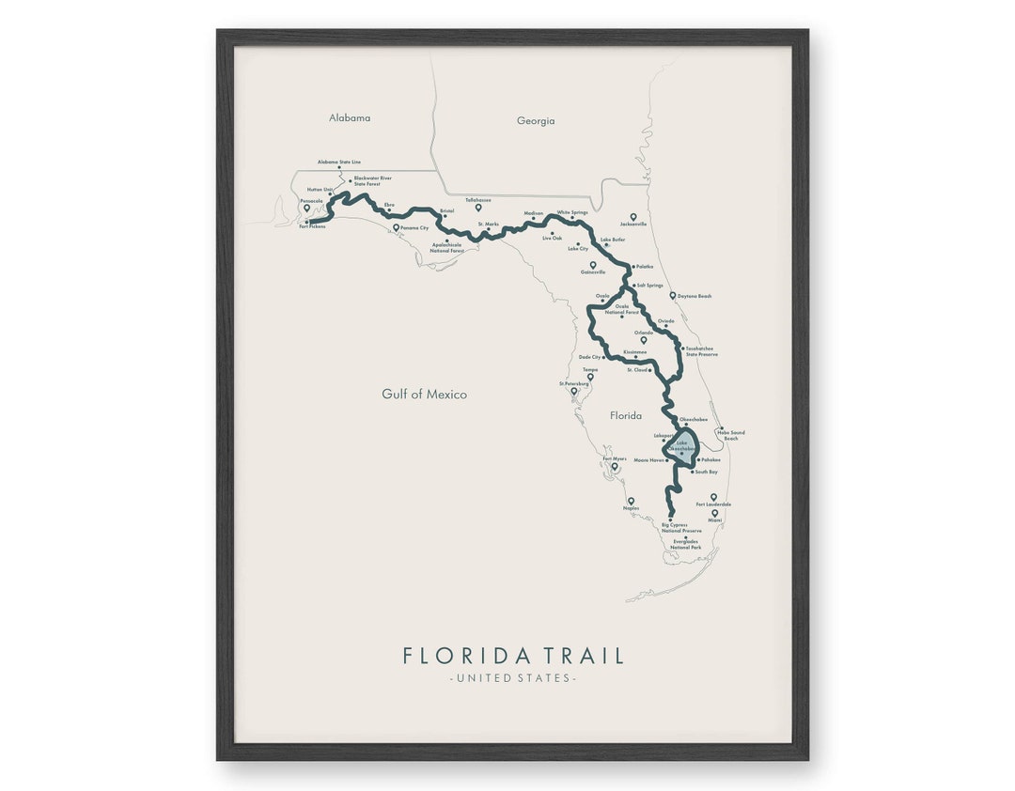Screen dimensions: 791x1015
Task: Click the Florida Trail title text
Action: click(513, 655)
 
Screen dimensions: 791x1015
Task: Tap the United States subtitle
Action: click(513, 678)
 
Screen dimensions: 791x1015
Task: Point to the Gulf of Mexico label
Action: click(424, 395)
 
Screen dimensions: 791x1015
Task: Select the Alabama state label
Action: click(350, 118)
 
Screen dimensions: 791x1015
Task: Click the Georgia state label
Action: click(536, 121)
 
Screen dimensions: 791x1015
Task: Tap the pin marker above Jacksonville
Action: click(633, 217)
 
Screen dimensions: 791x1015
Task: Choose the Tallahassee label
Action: click(478, 200)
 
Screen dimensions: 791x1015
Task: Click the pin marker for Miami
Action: click(715, 513)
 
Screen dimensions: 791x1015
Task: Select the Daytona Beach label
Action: click(695, 296)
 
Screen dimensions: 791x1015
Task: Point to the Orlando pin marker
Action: click(644, 339)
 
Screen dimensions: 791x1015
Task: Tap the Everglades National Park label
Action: click(685, 544)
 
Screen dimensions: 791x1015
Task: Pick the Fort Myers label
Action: click(615, 458)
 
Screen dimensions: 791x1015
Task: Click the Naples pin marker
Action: click(631, 501)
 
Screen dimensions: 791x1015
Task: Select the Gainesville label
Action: click(593, 272)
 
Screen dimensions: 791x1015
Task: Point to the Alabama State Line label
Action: click(339, 162)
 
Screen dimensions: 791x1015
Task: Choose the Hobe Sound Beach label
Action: click(732, 436)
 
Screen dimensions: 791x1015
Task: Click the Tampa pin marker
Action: click(590, 377)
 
